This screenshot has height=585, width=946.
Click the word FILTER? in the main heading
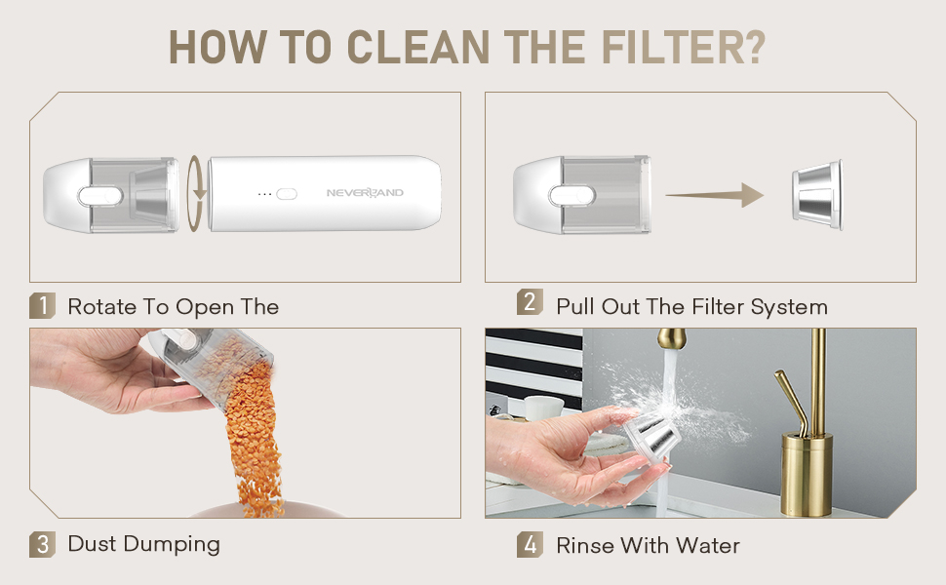click(x=684, y=47)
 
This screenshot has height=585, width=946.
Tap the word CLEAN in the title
click(x=418, y=47)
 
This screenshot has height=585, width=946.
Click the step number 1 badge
click(x=42, y=305)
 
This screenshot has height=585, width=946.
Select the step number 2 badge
click(x=530, y=301)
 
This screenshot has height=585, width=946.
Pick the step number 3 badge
click(x=42, y=545)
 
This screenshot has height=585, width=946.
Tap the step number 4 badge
click(x=530, y=545)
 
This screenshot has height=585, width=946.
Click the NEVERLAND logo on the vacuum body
click(x=365, y=192)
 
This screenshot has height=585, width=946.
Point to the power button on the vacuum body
click(x=287, y=194)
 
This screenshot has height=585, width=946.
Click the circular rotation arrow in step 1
click(x=195, y=194)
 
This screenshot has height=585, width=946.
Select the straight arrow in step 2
click(x=715, y=195)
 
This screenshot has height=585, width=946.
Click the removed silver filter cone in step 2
click(x=817, y=195)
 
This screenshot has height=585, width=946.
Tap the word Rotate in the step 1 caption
click(x=102, y=306)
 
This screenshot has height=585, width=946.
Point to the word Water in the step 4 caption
click(x=708, y=545)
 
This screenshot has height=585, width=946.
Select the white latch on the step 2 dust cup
click(x=572, y=195)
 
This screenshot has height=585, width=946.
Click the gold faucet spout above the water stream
click(x=673, y=339)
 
